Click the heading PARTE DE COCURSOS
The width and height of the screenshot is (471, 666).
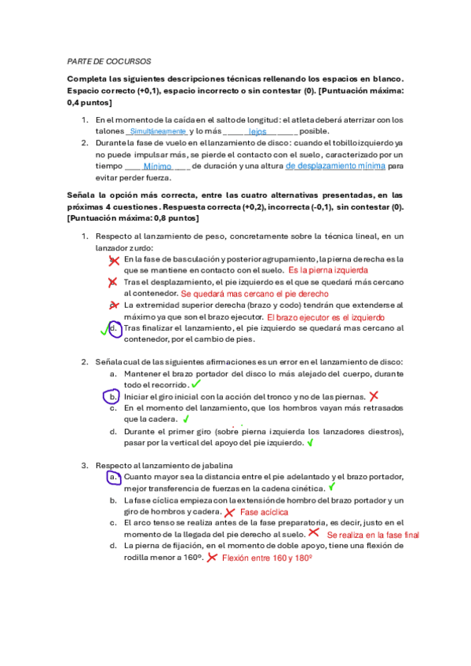(x=109, y=60)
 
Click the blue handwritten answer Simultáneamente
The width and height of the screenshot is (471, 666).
(x=158, y=132)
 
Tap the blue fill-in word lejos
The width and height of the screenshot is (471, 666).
(x=257, y=132)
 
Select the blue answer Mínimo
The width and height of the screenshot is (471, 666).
(x=158, y=167)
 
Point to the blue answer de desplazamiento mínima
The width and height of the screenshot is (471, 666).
(x=335, y=166)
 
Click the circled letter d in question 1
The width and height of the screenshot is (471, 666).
(x=115, y=328)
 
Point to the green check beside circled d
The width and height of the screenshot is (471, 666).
(x=103, y=331)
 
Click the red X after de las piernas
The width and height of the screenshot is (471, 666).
(x=374, y=397)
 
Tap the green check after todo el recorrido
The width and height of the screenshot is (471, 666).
(x=195, y=385)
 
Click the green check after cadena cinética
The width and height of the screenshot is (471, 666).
(x=332, y=487)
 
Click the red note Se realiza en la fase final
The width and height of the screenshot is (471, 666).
(x=373, y=534)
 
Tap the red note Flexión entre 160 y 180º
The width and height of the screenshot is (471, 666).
(x=267, y=558)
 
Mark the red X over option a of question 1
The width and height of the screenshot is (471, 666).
(x=115, y=259)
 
